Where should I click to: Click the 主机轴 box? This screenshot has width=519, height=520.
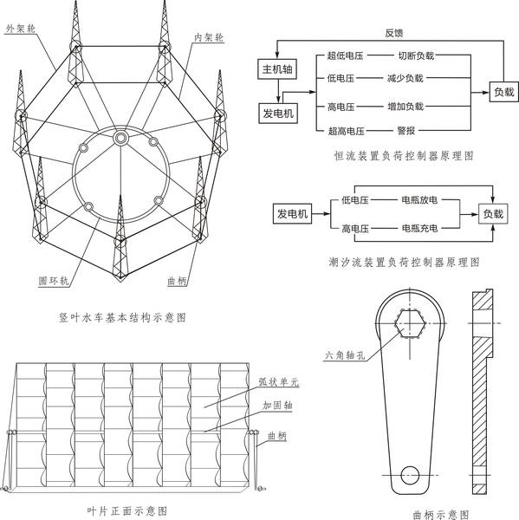coord(277,69)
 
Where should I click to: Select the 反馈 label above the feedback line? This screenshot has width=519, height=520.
coord(394,33)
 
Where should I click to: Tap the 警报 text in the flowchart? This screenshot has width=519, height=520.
coord(405,130)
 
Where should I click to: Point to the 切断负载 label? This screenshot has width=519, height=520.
coord(416,55)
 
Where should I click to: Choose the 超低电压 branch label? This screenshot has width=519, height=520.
coord(345,55)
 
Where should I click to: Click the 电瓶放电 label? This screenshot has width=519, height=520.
coord(419,199)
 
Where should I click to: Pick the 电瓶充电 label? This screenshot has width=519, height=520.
coord(419,228)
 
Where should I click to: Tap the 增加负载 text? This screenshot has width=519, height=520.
coord(405,107)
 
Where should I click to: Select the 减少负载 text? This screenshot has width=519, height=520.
coord(405,78)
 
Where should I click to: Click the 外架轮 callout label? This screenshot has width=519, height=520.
coord(21,29)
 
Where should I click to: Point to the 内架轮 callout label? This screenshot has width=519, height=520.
coord(209,37)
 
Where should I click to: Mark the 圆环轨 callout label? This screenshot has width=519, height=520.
coord(54,281)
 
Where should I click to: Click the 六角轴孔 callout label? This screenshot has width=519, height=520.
coord(345,355)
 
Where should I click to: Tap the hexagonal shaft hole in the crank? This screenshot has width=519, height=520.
coord(410,323)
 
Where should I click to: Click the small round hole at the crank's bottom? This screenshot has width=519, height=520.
coord(410,475)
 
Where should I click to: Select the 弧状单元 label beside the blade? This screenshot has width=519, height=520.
coord(279,382)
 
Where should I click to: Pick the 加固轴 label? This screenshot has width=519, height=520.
coord(277,405)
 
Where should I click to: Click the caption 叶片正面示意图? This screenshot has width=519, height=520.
coord(127,510)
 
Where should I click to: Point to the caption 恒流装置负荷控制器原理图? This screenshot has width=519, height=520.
coord(404,155)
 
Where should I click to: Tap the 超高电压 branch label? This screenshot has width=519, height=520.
coord(347,131)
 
